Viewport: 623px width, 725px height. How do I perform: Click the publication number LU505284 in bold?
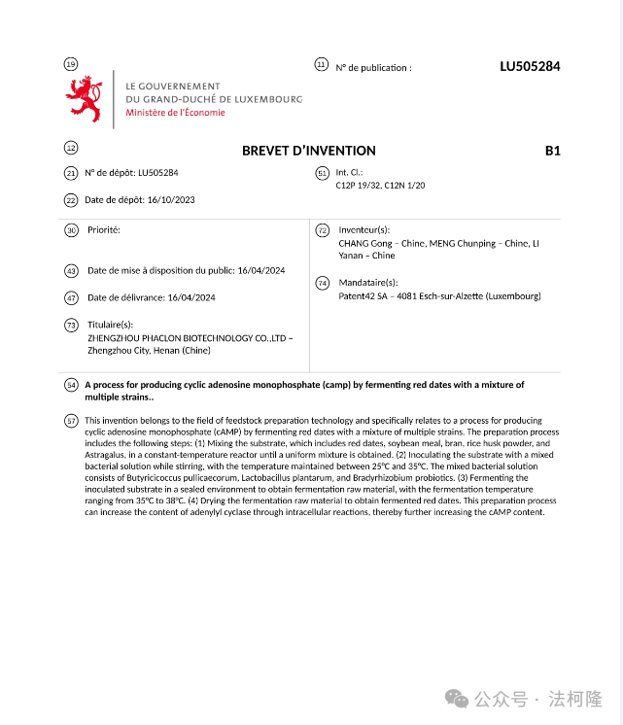coord(530,67)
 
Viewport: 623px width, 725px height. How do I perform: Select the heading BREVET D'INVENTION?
coord(308,151)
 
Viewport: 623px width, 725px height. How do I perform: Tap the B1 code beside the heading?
coord(553,151)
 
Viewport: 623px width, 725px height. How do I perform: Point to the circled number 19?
coord(70,64)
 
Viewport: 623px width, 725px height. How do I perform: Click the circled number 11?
coord(321,64)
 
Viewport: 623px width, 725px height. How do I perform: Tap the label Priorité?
coord(104,230)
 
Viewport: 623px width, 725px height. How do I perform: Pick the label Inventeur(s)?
coord(363,230)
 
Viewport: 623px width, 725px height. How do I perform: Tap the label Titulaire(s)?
coord(111,325)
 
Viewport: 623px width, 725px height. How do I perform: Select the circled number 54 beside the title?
coord(70,385)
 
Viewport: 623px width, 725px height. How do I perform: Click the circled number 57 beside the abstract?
coord(70,420)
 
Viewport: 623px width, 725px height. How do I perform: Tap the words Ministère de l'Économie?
coord(175,112)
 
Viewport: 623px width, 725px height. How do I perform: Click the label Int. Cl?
coord(349,172)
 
